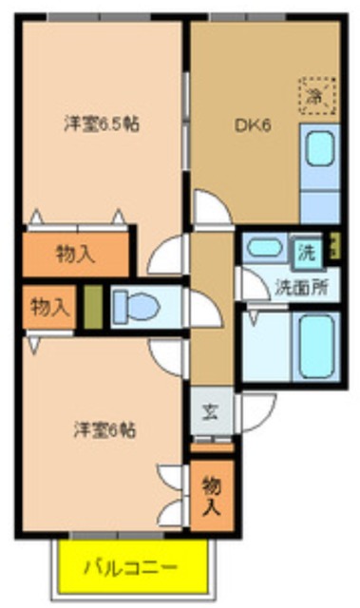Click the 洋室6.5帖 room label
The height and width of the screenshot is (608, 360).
(103, 123)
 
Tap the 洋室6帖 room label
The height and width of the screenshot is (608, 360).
(104, 429)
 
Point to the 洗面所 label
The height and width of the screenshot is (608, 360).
(301, 288)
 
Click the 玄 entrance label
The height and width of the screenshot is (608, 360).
(209, 413)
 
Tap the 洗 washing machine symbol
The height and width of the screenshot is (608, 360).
(308, 252)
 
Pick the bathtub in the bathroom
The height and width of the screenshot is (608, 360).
(316, 346)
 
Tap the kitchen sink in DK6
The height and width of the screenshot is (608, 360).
(319, 148)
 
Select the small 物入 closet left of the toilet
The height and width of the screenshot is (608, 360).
(48, 307)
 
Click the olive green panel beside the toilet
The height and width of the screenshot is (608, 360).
(93, 308)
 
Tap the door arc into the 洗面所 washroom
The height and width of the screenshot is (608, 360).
(252, 283)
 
